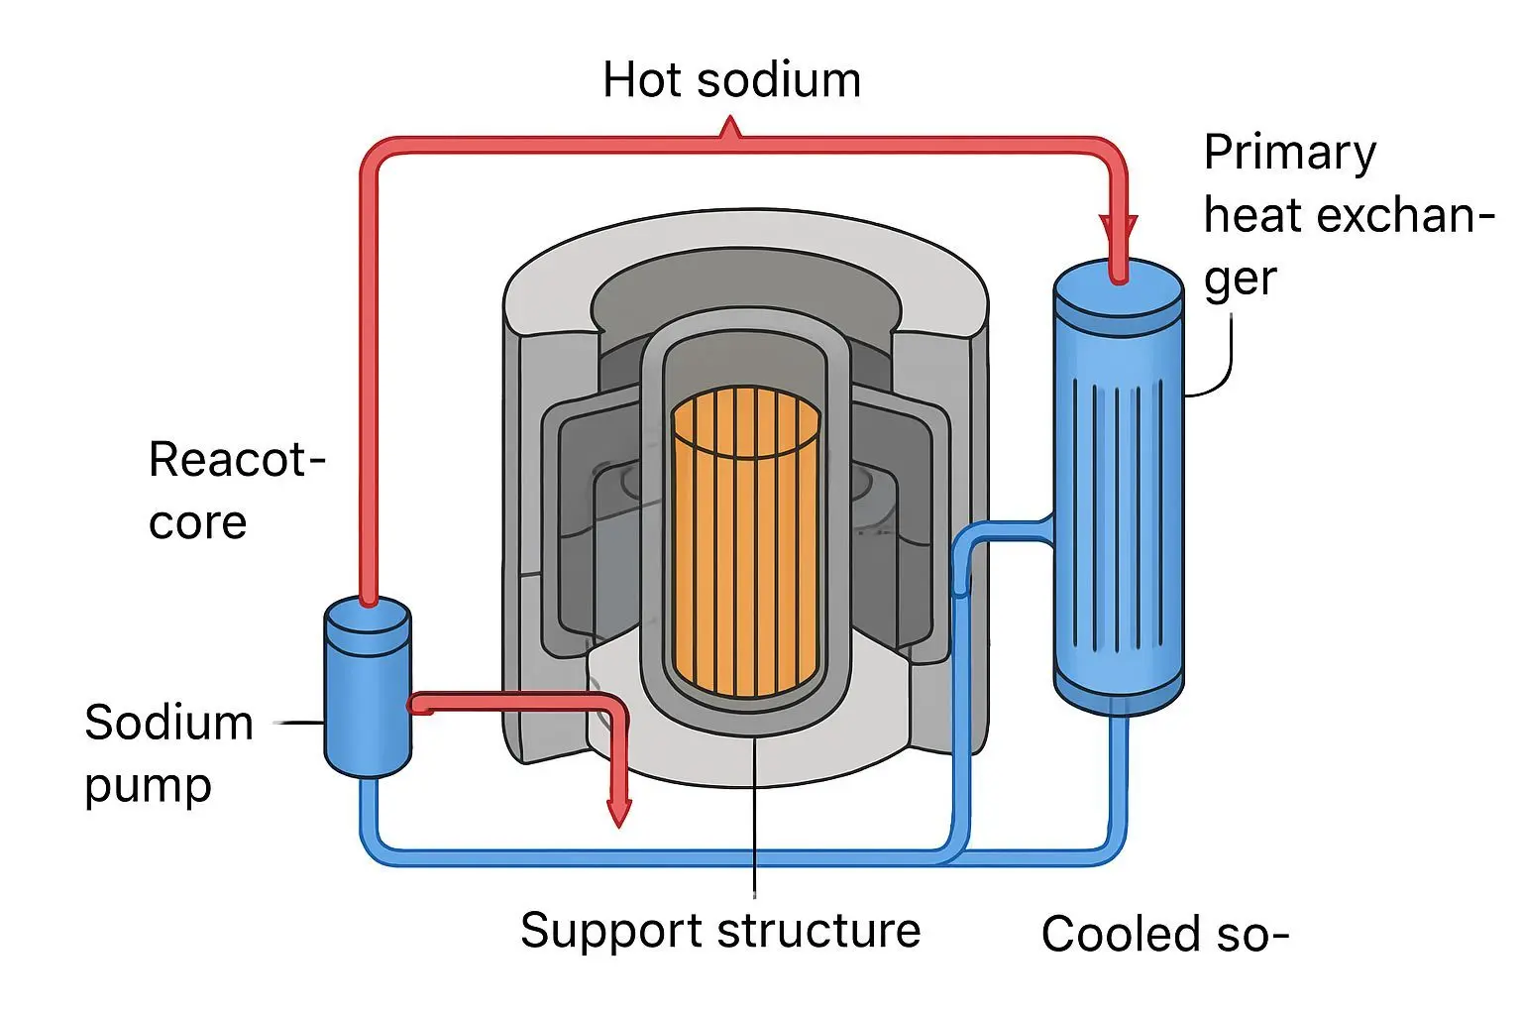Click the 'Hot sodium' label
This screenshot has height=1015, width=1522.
coord(731,80)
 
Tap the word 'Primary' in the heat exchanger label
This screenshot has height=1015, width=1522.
coord(1289,154)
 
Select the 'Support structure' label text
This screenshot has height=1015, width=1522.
coord(720,931)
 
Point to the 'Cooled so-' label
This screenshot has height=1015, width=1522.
coord(1164,934)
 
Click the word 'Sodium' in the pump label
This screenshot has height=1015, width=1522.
coord(168,723)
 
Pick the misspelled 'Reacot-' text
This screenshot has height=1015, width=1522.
coord(236,460)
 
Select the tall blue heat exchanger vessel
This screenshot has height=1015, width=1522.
coord(1118,496)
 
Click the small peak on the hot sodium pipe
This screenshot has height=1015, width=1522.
coord(731,127)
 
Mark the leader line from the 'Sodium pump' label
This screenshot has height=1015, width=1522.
coord(298,723)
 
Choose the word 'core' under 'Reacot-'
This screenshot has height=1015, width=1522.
coord(197,523)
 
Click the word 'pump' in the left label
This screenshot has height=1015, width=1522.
coord(148,787)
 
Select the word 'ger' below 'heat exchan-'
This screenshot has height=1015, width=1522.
coord(1240,281)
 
